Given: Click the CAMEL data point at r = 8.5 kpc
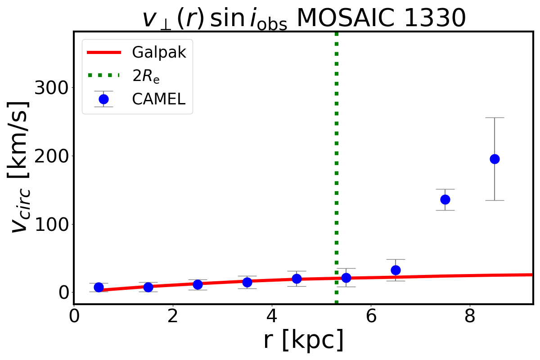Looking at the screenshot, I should point(495,159).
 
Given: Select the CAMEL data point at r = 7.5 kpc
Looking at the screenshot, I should point(445,199).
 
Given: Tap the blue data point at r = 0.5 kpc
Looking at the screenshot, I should point(99,287).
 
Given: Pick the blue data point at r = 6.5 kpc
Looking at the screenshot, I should point(396,270).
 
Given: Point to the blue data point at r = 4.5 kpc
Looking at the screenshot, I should point(297,279).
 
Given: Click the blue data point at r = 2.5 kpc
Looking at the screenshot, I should point(198,284).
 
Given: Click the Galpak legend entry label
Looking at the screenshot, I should point(158,53).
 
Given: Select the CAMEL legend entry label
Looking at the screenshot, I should point(158,99).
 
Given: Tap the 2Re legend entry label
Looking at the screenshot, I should point(146,76).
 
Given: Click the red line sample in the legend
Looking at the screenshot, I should point(103,53).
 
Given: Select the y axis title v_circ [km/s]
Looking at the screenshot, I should point(21,166).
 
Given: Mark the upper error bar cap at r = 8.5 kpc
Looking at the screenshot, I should point(495,117).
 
